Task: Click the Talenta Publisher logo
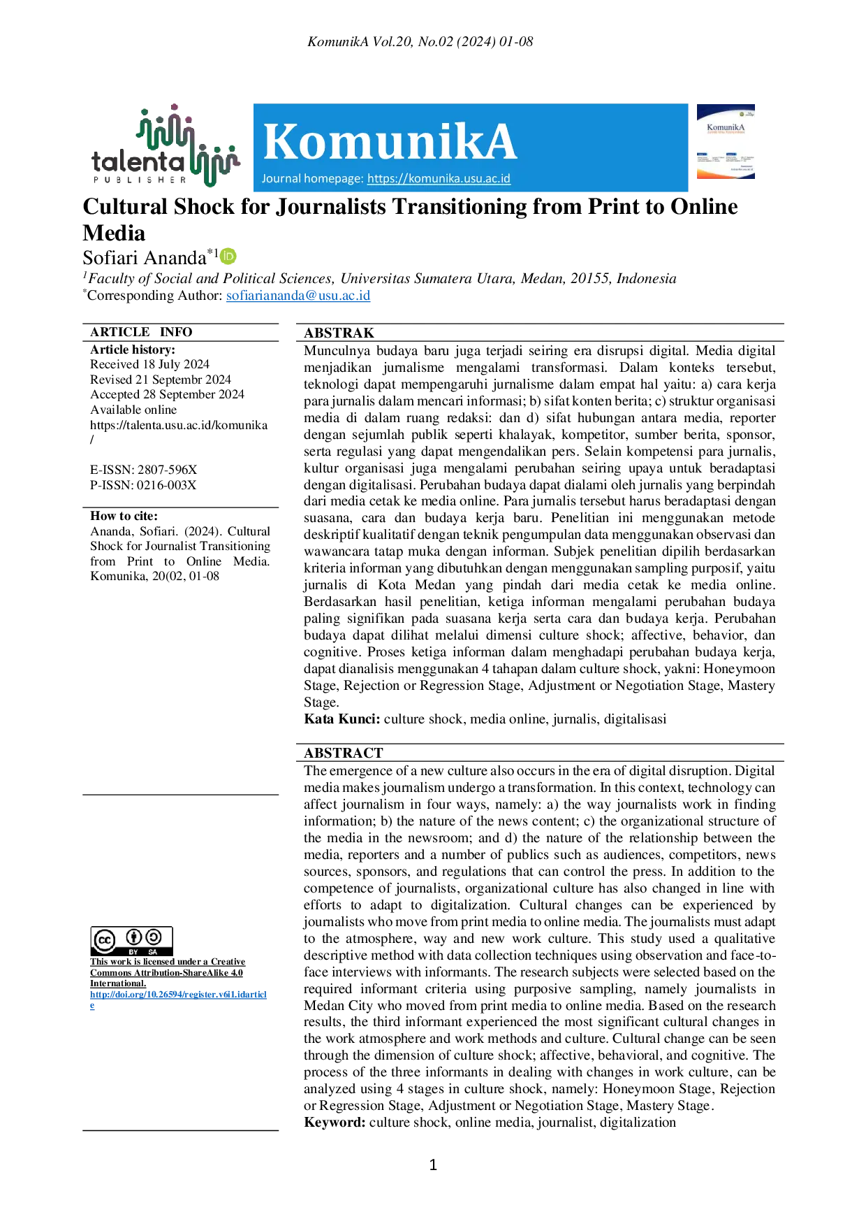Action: tap(166, 146)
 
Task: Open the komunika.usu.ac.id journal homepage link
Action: tap(439, 178)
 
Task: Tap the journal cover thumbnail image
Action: tap(726, 142)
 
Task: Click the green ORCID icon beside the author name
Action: tap(228, 256)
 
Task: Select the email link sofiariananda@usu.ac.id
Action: tap(298, 295)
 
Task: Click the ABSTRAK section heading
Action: tap(339, 333)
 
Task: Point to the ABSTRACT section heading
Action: tap(344, 753)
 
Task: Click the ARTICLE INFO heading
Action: tap(141, 332)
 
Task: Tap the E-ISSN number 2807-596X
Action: tap(167, 470)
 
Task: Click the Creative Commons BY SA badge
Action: tap(132, 942)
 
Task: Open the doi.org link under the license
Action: tap(178, 1000)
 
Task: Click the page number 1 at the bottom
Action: tap(433, 1164)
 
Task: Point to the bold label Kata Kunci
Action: tap(342, 719)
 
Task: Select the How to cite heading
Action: tap(124, 516)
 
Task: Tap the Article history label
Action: tap(133, 349)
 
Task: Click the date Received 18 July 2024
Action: tap(149, 364)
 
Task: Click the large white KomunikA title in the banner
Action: tap(390, 142)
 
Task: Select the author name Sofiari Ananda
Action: tap(145, 258)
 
